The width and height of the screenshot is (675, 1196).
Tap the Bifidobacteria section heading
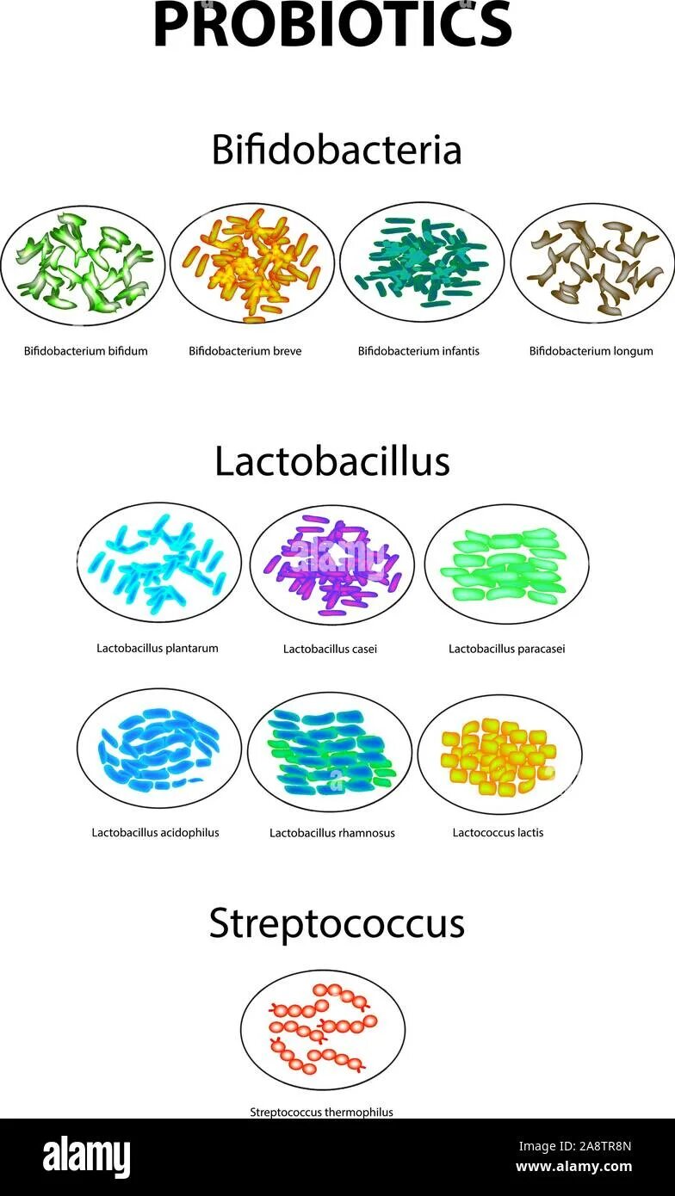(x=337, y=150)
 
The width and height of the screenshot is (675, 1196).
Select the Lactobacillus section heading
(x=332, y=461)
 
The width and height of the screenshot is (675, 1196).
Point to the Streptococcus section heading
(x=337, y=923)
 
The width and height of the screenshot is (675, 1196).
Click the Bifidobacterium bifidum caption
(x=86, y=351)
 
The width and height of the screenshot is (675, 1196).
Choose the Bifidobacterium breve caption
(x=245, y=351)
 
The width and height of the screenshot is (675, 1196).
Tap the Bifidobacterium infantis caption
(x=418, y=351)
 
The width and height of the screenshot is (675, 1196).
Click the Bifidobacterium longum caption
(x=591, y=351)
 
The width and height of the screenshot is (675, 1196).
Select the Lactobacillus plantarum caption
(x=158, y=648)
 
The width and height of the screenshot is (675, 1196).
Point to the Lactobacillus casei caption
(x=330, y=649)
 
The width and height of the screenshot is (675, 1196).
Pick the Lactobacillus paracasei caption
(x=506, y=649)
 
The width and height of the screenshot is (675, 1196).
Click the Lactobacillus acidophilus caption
(x=155, y=832)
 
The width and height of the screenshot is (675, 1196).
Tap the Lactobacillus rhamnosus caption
(x=332, y=833)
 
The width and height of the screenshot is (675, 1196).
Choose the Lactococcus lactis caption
(x=498, y=832)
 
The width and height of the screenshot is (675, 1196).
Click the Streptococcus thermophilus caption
(x=321, y=1112)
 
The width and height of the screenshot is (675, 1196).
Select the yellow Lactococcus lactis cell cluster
(x=497, y=755)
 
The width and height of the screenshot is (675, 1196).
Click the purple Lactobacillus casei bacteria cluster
(x=331, y=565)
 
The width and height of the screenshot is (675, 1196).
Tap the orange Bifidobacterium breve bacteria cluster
(x=251, y=262)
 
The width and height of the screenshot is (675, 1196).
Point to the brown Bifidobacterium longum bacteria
(x=592, y=265)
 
